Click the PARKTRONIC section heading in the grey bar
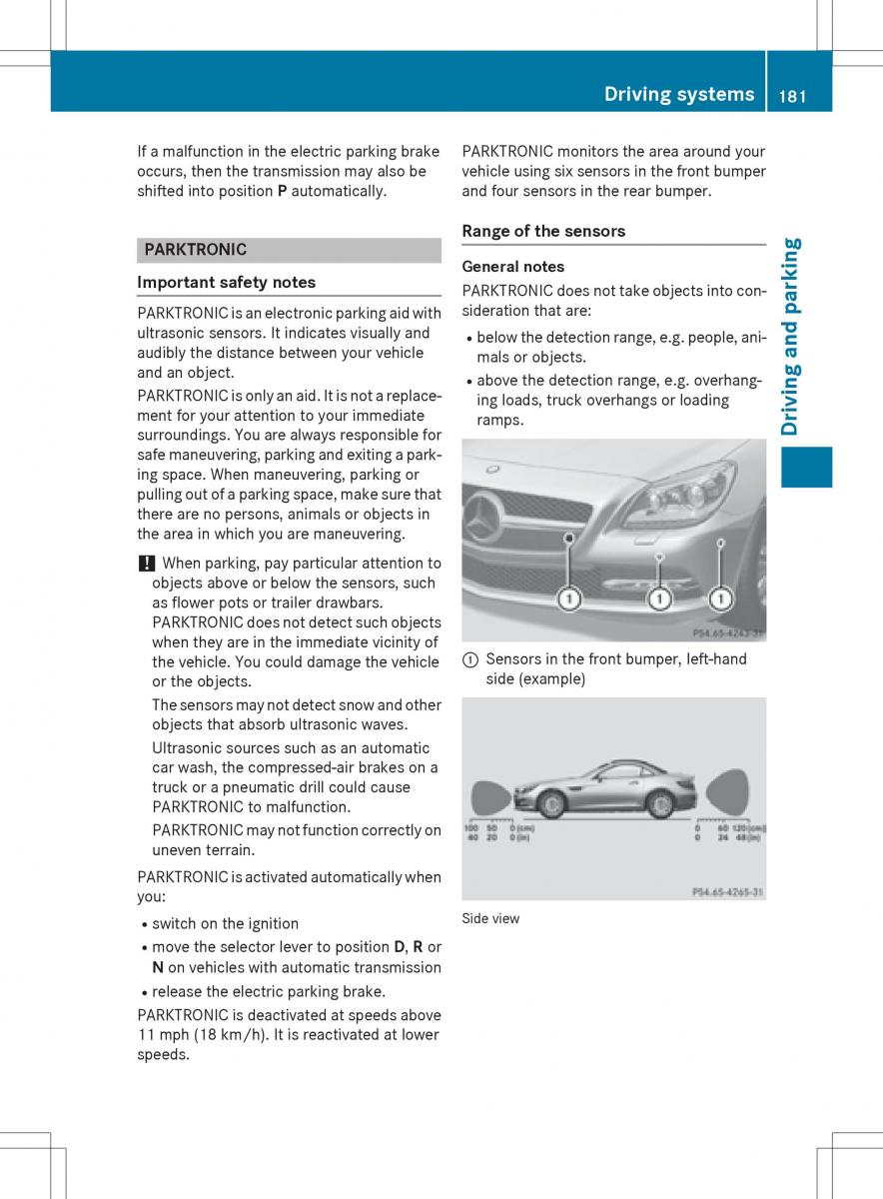tap(196, 250)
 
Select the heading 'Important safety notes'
tap(226, 282)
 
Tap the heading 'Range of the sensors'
tap(543, 231)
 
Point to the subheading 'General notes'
tap(513, 267)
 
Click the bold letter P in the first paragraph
tap(283, 191)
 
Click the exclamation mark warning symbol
tap(143, 564)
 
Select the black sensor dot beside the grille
tap(568, 538)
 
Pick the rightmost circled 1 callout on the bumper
tap(720, 599)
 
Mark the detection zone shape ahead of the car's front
tap(490, 797)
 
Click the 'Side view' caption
tap(490, 919)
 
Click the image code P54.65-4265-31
tap(728, 890)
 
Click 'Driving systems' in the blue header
tap(679, 95)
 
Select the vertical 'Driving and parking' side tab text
tap(791, 337)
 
